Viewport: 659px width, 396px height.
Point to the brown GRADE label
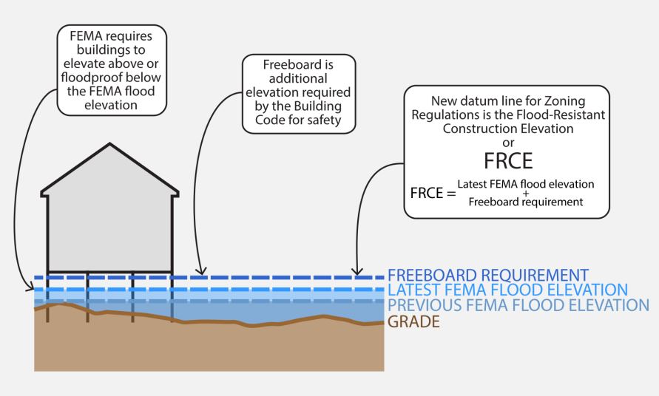[x=413, y=321]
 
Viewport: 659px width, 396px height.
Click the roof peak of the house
[x=109, y=144]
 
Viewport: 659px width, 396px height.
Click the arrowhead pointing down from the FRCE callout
[x=358, y=271]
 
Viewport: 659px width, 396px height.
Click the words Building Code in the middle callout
[x=299, y=106]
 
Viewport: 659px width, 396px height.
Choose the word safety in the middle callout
[x=322, y=120]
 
